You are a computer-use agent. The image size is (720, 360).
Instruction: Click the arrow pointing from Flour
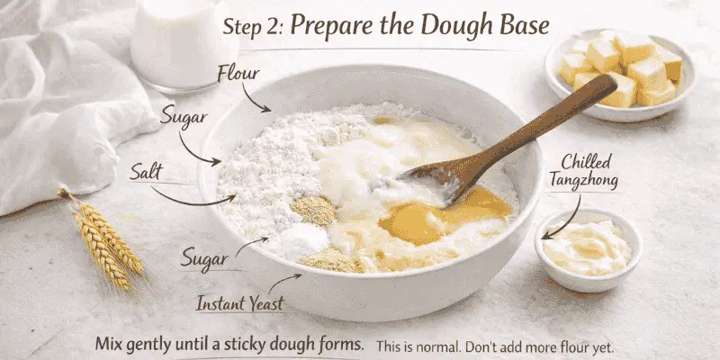(x=259, y=98)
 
